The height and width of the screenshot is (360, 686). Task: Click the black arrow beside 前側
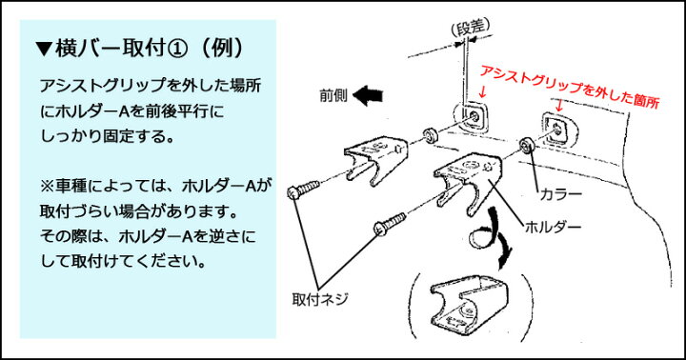(368, 96)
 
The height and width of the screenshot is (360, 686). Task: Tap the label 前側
(333, 96)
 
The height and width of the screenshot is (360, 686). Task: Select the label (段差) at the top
(471, 27)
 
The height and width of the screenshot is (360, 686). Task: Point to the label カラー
(561, 193)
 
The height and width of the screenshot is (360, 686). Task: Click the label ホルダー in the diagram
(553, 227)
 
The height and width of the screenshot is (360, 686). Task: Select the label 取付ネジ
(320, 299)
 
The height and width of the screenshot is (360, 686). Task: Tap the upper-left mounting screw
(303, 190)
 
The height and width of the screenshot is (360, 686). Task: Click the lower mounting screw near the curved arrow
(390, 223)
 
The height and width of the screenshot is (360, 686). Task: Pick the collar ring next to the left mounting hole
(428, 135)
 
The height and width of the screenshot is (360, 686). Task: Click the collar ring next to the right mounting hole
(525, 146)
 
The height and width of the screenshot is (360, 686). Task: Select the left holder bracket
(375, 159)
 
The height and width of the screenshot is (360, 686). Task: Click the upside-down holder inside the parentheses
(469, 306)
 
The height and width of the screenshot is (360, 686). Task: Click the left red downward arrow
(482, 91)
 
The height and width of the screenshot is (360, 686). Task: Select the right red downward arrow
(558, 105)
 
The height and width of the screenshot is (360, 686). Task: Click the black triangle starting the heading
(44, 49)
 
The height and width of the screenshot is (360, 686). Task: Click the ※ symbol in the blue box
(47, 187)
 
